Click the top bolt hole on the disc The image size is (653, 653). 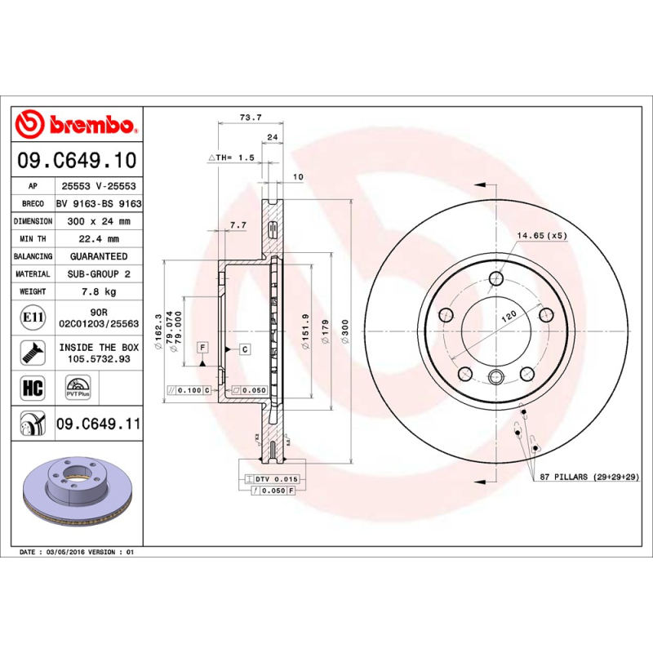click(x=495, y=280)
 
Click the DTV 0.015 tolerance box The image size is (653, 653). click(x=272, y=478)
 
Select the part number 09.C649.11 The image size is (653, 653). click(x=99, y=424)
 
